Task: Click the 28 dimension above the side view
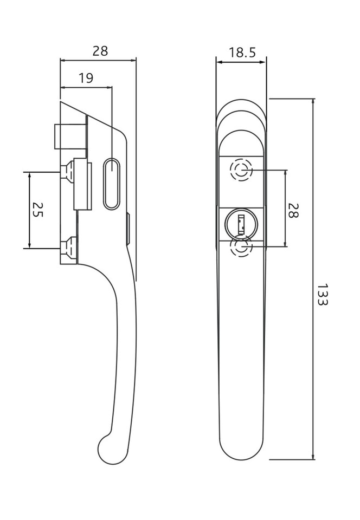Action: tap(100, 51)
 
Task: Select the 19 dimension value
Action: tap(86, 78)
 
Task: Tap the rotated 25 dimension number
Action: tap(37, 210)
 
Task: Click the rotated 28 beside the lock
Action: tap(293, 210)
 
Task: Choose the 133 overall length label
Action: tap(322, 294)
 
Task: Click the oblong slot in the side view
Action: tap(111, 184)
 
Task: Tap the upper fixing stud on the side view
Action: tap(68, 172)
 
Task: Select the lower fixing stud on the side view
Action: tap(68, 248)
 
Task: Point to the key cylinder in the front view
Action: tap(241, 223)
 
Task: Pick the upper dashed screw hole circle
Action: tap(241, 170)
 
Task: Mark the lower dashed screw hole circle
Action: tap(241, 247)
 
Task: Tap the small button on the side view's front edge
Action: tap(128, 228)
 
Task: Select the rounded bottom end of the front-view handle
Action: tap(241, 450)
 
